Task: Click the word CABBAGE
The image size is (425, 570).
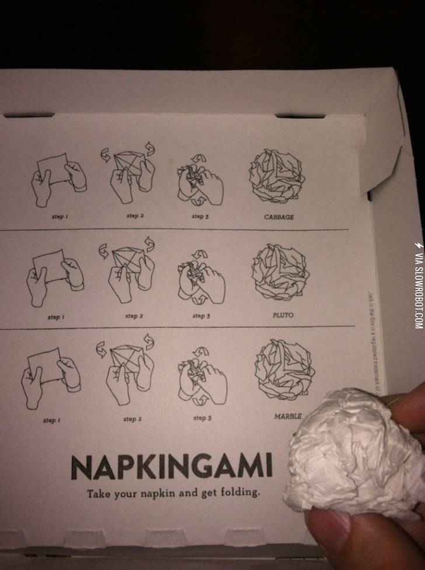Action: click(x=278, y=217)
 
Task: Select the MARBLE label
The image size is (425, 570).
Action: click(x=288, y=416)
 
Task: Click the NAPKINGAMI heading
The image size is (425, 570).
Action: click(x=171, y=466)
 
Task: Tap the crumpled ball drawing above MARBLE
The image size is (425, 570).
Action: click(x=284, y=371)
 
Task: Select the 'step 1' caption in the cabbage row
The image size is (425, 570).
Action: click(x=57, y=216)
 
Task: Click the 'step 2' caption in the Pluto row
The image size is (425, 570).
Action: click(x=132, y=316)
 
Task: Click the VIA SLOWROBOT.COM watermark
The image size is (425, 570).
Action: click(x=417, y=285)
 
